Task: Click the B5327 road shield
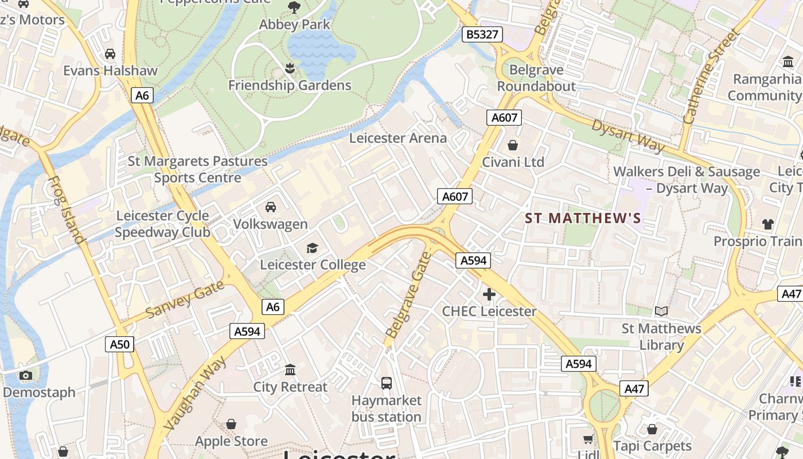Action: click(x=482, y=34)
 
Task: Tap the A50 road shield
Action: click(x=120, y=344)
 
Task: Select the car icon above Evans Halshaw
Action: click(x=110, y=54)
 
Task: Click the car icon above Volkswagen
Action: click(x=270, y=207)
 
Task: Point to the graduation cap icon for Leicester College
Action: click(x=312, y=248)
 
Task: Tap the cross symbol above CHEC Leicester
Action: click(x=489, y=295)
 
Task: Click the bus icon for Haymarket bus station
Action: click(x=387, y=383)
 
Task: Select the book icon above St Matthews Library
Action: click(x=661, y=312)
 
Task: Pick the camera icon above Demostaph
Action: click(x=25, y=376)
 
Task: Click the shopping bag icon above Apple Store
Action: click(x=231, y=424)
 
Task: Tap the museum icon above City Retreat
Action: click(x=290, y=369)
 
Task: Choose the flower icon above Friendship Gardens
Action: click(x=290, y=68)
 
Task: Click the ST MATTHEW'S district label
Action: click(x=583, y=219)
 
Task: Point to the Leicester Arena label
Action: click(x=397, y=138)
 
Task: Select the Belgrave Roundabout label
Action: click(x=536, y=78)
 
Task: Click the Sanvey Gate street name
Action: click(x=184, y=300)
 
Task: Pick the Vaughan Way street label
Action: click(x=194, y=393)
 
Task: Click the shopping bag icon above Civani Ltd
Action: click(x=512, y=145)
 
